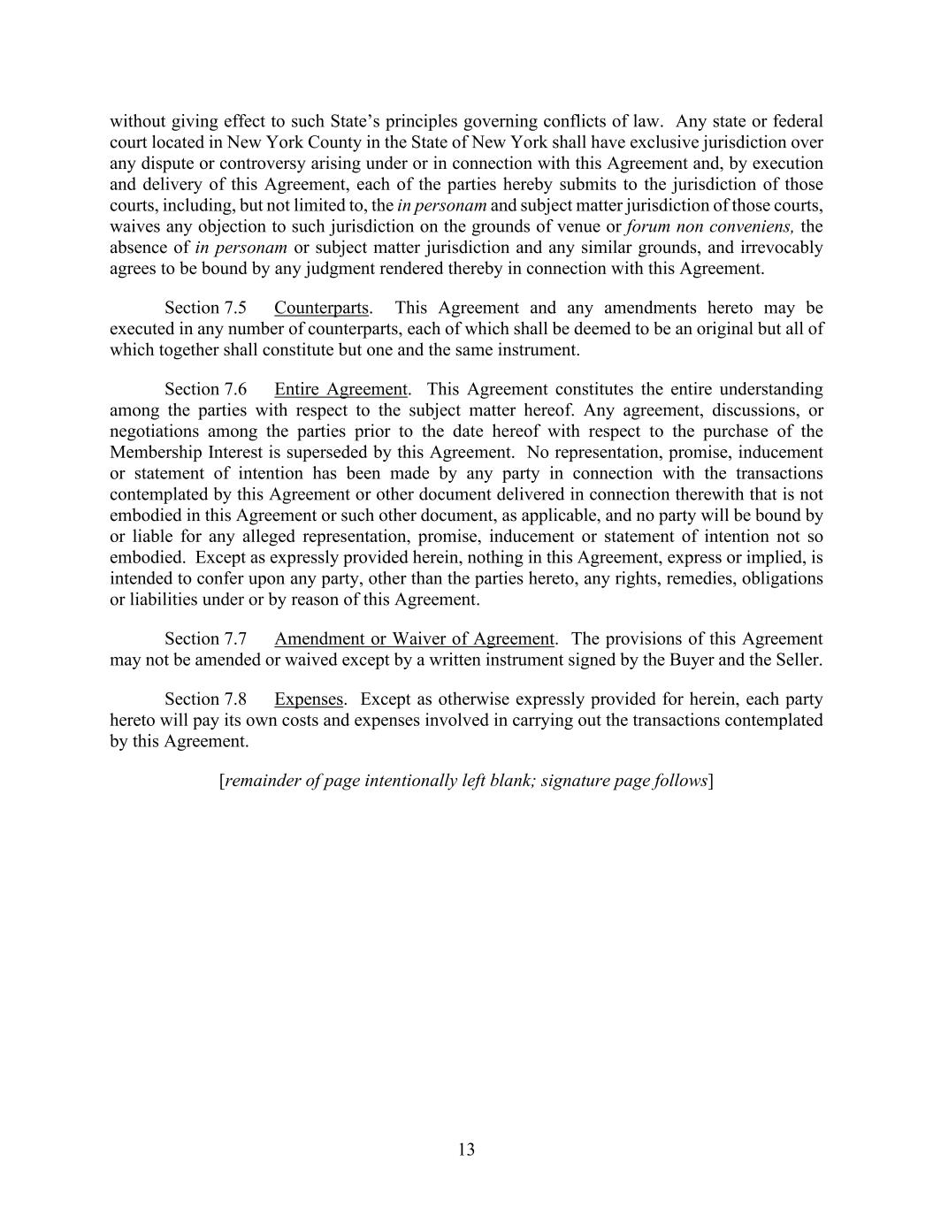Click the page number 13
[x=466, y=1150]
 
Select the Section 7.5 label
[x=205, y=308]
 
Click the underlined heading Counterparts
[x=321, y=308]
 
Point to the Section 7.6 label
[x=205, y=389]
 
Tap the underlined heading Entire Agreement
[x=340, y=389]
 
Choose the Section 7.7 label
[x=205, y=638]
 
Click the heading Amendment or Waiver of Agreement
[x=414, y=638]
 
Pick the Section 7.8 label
[x=205, y=699]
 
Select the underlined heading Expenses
[x=308, y=699]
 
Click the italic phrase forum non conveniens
[x=709, y=226]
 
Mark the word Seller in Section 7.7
[x=796, y=660]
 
